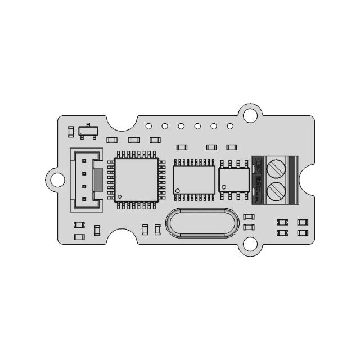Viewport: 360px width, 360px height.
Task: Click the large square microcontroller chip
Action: pyautogui.click(x=136, y=180)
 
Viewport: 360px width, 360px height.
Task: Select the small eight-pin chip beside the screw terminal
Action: pyautogui.click(x=234, y=180)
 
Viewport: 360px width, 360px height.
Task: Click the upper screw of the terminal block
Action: pyautogui.click(x=276, y=168)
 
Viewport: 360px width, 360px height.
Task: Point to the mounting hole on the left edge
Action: pyautogui.click(x=57, y=179)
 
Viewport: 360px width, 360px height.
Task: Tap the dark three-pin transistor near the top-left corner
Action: pyautogui.click(x=88, y=130)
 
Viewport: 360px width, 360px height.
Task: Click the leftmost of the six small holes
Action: pyautogui.click(x=148, y=126)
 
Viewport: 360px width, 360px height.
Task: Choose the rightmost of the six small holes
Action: pyautogui.click(x=230, y=126)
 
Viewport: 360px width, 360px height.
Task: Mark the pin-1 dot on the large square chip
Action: pyautogui.click(x=120, y=196)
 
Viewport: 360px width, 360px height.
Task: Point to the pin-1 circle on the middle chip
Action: pyautogui.click(x=178, y=191)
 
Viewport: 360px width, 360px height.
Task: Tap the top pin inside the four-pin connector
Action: pyautogui.click(x=83, y=160)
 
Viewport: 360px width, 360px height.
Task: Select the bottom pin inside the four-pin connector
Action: pyautogui.click(x=83, y=199)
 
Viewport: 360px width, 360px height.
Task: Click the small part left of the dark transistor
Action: pyautogui.click(x=70, y=132)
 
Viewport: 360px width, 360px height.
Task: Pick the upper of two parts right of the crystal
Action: pyautogui.click(x=249, y=217)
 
